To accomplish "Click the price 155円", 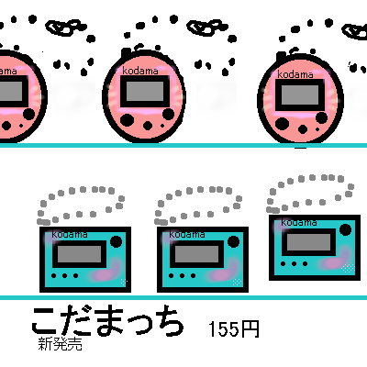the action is [x=234, y=329].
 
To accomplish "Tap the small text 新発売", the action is [x=61, y=344].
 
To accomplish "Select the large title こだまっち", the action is [x=107, y=320].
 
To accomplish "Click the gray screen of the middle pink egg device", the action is [x=145, y=91].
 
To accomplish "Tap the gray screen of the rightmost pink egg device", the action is [x=300, y=95].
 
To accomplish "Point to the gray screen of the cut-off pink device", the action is [x=11, y=91].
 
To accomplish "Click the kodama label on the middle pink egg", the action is [x=140, y=71].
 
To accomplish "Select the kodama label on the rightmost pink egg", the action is [x=295, y=74].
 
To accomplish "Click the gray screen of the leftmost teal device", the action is [x=79, y=254].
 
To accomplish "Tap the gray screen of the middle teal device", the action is [x=196, y=254].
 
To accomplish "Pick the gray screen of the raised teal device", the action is [x=308, y=242].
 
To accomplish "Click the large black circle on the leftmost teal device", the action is [x=116, y=241].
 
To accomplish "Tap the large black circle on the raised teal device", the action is [x=345, y=229].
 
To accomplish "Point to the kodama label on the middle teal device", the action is [x=187, y=235].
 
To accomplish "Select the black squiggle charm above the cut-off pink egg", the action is [x=63, y=28].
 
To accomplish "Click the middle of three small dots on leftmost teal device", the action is [x=64, y=275].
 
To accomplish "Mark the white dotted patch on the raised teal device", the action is [x=348, y=268].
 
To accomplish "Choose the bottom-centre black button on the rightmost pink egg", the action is [x=303, y=129].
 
